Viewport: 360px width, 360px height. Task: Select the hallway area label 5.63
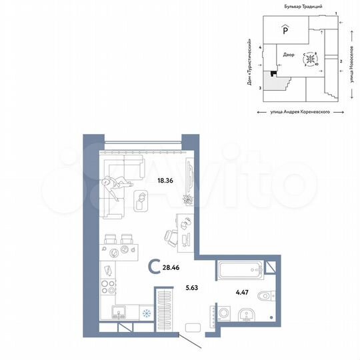coord(193,289)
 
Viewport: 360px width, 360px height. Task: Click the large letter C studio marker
coord(153,269)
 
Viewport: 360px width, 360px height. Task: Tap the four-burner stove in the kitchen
coord(107,290)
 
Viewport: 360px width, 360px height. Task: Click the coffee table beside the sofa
coord(141,198)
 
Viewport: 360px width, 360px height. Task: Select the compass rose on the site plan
coord(310,59)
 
